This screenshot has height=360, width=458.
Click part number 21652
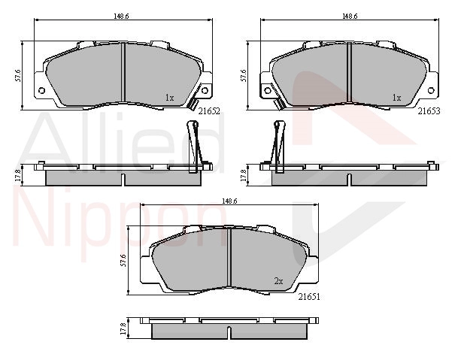click(209, 111)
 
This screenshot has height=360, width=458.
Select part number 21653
click(429, 111)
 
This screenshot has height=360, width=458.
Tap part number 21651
click(309, 297)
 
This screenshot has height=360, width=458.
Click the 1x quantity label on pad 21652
click(170, 98)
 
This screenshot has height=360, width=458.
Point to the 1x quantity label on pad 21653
click(396, 98)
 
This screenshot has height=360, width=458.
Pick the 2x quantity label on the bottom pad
click(279, 281)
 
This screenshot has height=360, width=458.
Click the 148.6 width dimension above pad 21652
click(121, 17)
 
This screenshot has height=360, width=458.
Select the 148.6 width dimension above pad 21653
click(350, 17)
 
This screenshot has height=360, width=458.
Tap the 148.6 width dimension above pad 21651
click(229, 201)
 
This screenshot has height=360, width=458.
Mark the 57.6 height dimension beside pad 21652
click(18, 75)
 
